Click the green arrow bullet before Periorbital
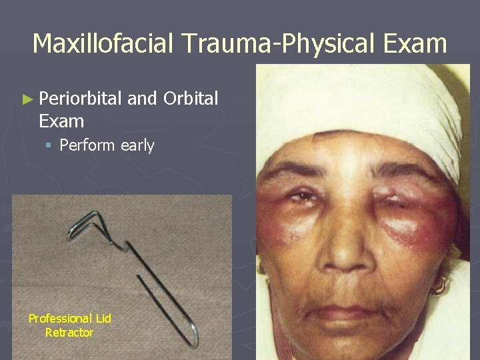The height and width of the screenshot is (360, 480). (27, 100)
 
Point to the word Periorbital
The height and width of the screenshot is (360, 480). (80, 99)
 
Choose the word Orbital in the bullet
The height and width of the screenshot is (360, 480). (191, 99)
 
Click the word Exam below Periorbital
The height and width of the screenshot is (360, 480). (61, 121)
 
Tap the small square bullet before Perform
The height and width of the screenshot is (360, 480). (50, 145)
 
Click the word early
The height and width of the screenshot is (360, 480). (137, 145)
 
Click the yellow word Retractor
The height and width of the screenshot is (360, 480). (69, 332)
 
